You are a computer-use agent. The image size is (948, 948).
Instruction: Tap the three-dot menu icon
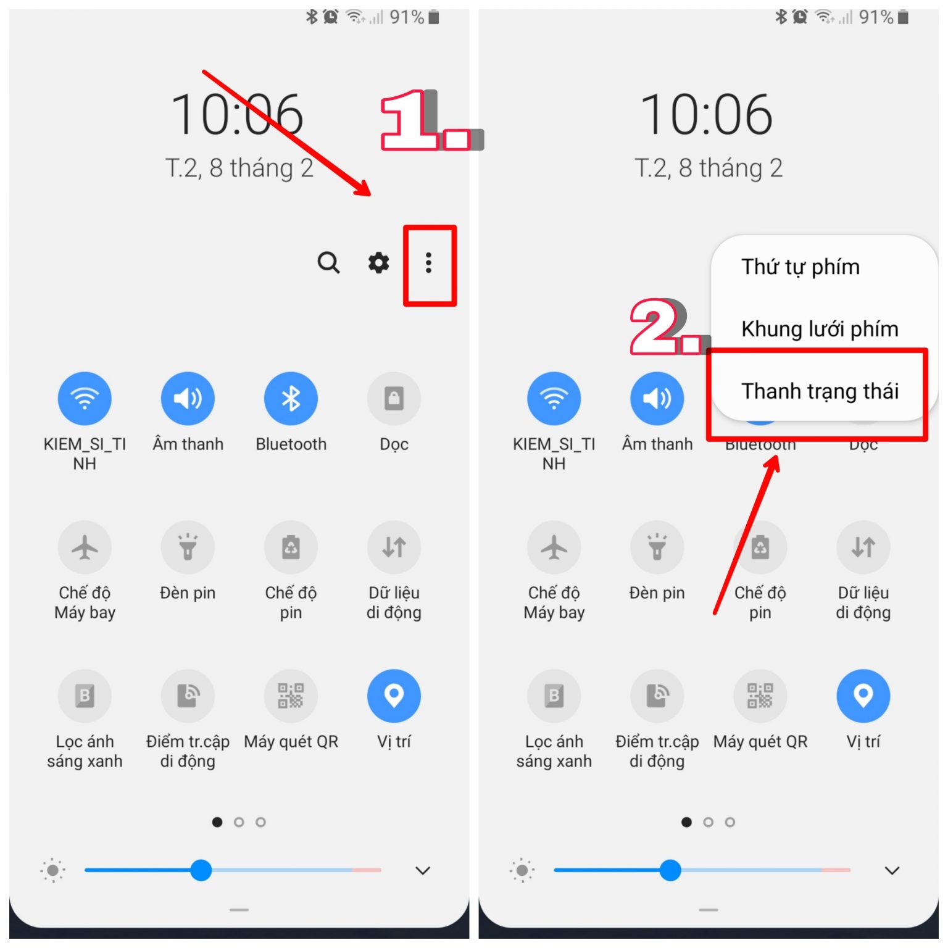(428, 263)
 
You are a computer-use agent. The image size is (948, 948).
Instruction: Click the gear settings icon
(378, 263)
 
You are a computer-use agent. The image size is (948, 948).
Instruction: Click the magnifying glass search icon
(328, 263)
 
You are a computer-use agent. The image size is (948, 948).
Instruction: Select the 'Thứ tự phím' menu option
(800, 267)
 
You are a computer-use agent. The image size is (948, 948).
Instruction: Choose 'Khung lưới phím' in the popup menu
(820, 329)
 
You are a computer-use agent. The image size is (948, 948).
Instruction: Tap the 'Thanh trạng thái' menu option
(820, 391)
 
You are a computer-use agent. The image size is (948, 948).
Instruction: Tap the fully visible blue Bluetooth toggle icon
(291, 399)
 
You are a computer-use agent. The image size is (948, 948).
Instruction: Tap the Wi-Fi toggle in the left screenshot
(85, 399)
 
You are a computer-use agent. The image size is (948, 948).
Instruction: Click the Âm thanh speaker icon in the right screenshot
(657, 399)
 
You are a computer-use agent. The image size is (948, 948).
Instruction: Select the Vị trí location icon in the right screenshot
(863, 696)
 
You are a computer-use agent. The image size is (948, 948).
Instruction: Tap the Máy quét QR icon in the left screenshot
(291, 696)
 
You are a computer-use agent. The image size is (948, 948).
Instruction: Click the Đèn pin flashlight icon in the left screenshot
(188, 547)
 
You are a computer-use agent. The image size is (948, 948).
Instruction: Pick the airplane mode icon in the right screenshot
(554, 547)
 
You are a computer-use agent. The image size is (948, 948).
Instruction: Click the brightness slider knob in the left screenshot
(201, 870)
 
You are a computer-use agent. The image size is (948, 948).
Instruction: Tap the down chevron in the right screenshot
(892, 871)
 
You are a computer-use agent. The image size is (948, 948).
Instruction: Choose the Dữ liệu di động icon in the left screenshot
(394, 547)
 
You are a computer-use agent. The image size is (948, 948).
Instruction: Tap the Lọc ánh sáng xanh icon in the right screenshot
(554, 696)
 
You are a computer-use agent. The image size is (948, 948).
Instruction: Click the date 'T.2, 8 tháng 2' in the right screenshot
(709, 168)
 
